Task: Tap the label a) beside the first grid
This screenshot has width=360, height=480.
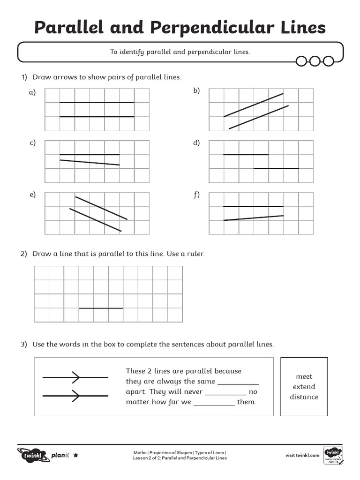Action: point(32,92)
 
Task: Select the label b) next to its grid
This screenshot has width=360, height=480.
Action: point(196,90)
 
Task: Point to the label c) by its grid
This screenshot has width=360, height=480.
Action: point(32,143)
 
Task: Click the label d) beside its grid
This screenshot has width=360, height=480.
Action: point(196,143)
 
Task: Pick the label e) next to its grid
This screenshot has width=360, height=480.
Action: point(32,195)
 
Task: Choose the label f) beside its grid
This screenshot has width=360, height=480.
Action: point(196,195)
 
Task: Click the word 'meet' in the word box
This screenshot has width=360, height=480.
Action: point(304,376)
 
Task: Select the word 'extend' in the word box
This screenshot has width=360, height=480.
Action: point(304,387)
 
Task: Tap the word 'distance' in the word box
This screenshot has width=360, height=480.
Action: point(304,397)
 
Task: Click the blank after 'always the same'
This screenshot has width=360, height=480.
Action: point(238,382)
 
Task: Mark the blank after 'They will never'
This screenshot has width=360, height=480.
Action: point(225,393)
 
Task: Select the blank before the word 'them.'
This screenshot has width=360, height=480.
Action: point(214,403)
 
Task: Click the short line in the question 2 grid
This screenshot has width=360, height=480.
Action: point(101,308)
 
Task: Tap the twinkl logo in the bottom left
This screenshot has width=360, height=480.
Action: point(32,455)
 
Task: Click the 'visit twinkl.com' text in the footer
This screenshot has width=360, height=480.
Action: point(302,455)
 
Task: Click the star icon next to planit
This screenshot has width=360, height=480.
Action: point(76,455)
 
